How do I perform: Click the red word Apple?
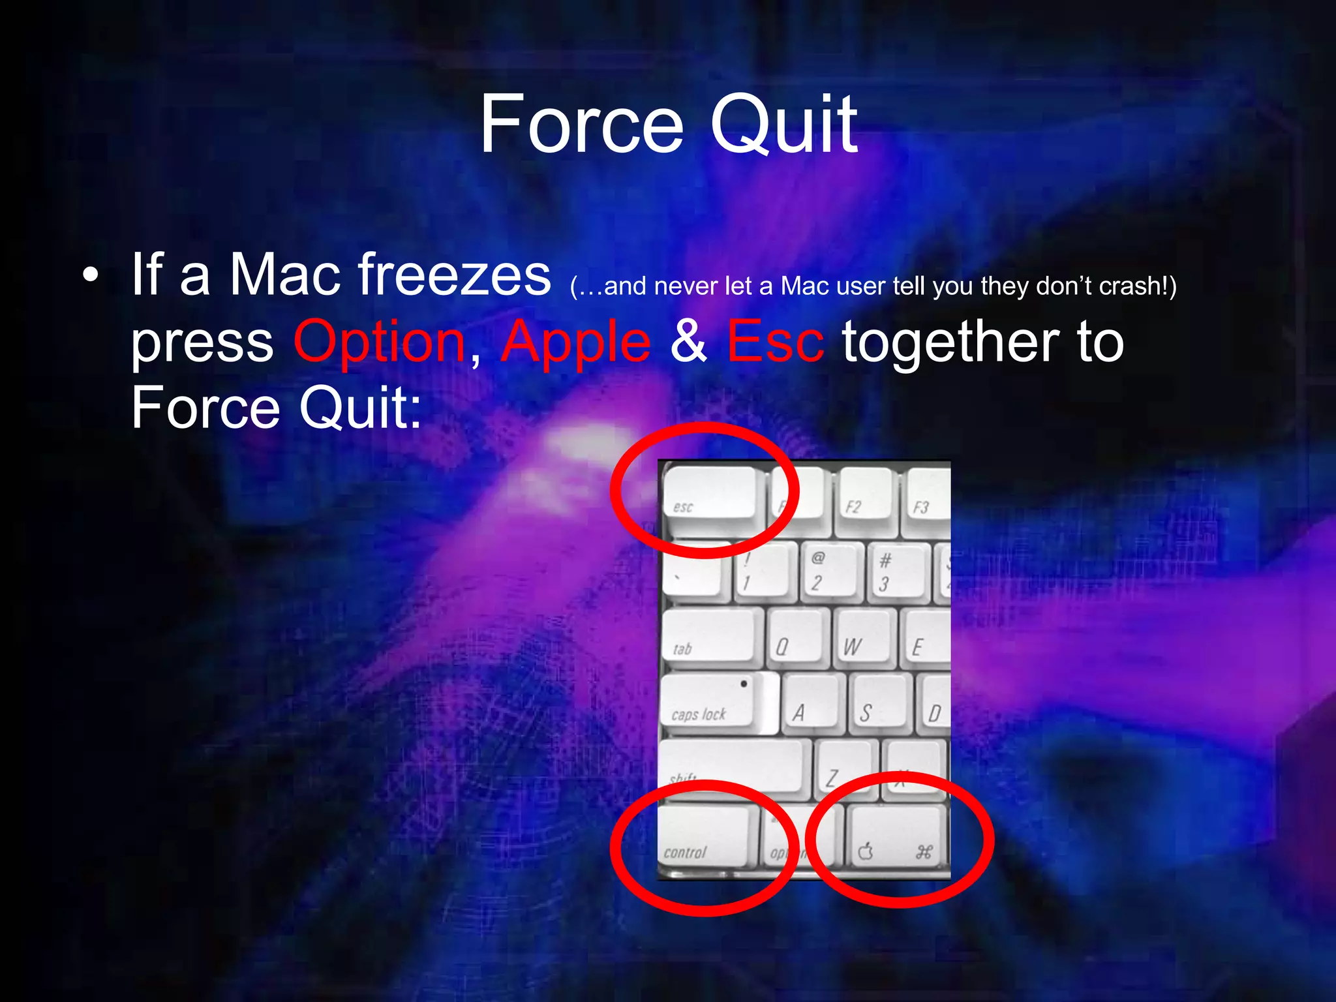point(576,342)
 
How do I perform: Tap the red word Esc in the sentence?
point(775,342)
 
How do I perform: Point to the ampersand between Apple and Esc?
point(688,342)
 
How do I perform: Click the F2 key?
point(862,496)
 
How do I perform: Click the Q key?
point(797,638)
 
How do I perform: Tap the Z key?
point(842,770)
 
